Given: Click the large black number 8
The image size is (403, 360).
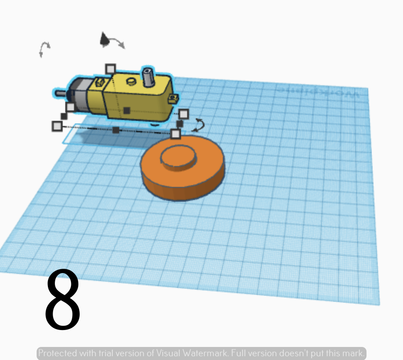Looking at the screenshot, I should pyautogui.click(x=63, y=300).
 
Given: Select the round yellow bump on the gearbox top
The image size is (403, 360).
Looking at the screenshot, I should pyautogui.click(x=131, y=81).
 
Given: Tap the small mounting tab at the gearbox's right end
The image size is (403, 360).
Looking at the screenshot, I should pyautogui.click(x=173, y=98).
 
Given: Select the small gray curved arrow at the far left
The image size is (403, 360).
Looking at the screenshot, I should pyautogui.click(x=44, y=49).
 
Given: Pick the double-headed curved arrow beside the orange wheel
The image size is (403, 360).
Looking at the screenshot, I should pyautogui.click(x=199, y=125).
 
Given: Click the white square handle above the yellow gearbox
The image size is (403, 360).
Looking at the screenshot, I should pyautogui.click(x=111, y=69).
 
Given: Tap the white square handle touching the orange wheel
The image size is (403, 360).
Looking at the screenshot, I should pyautogui.click(x=175, y=133).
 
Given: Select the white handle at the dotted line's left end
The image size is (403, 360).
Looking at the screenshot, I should pyautogui.click(x=57, y=126).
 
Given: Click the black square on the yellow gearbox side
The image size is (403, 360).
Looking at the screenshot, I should pyautogui.click(x=126, y=111).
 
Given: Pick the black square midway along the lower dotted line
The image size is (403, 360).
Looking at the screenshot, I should pyautogui.click(x=116, y=130).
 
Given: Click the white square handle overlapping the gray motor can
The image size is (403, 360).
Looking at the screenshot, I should pyautogui.click(x=71, y=107).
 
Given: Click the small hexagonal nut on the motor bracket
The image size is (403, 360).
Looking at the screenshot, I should pyautogui.click(x=99, y=82).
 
